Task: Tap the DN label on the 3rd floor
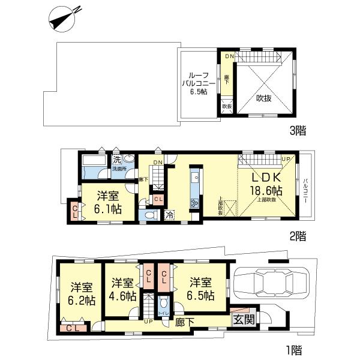(229, 56)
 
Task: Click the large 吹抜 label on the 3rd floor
(263, 96)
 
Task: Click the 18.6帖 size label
(268, 191)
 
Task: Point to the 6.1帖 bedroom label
(108, 209)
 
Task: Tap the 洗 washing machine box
(117, 160)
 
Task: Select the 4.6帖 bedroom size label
(122, 296)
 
